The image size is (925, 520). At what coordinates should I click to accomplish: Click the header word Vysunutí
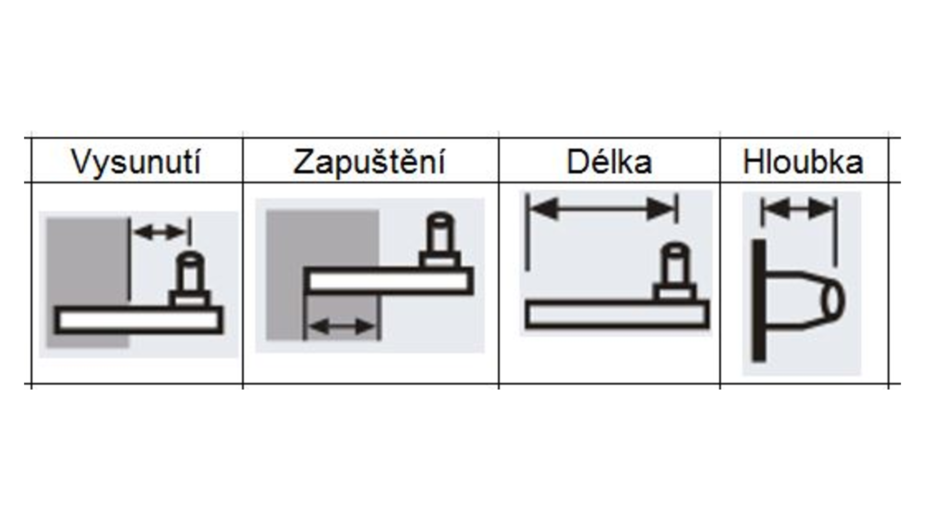point(136,162)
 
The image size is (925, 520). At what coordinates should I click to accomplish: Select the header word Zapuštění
point(369,162)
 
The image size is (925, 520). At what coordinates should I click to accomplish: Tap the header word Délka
point(609,162)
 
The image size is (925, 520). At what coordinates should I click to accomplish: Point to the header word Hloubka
point(803,162)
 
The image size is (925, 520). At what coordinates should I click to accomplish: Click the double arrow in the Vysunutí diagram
point(159,233)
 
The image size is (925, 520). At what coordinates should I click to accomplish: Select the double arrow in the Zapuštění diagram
point(342,327)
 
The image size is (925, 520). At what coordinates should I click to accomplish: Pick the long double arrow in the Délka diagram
point(602,209)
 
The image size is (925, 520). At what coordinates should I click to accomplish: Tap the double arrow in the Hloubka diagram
point(798,209)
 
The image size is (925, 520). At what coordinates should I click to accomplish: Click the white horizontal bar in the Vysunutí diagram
point(139,320)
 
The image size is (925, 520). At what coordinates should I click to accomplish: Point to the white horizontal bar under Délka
point(617,314)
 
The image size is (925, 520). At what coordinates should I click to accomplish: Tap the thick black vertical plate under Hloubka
point(759,300)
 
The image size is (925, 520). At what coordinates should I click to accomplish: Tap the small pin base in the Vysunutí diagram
point(190,299)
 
